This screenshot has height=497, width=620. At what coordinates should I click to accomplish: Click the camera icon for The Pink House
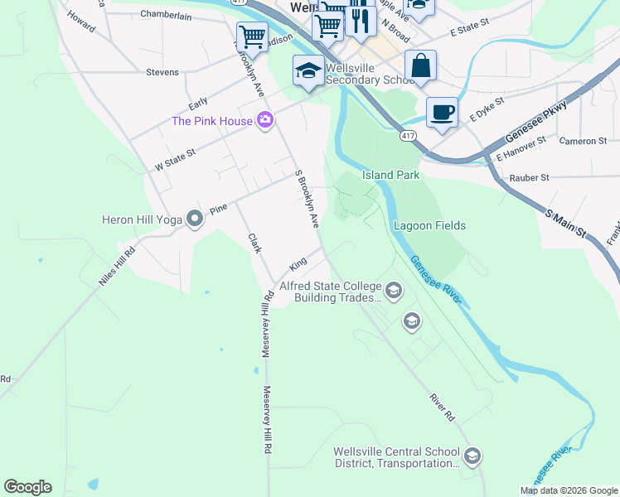265,121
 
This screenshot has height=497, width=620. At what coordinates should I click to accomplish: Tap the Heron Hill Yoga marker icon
195,219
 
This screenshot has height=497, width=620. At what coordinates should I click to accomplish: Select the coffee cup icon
442,112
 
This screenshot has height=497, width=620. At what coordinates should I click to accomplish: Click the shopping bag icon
420,66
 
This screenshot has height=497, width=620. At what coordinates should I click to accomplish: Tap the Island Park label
390,175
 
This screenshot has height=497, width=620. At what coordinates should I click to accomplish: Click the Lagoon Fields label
429,225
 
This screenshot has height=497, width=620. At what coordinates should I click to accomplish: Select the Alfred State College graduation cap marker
393,290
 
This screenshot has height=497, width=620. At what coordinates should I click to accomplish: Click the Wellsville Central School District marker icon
472,456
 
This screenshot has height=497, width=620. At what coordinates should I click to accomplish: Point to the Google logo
27,487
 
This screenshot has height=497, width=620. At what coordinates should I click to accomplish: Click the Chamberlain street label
166,15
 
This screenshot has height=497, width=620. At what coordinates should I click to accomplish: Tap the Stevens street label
162,72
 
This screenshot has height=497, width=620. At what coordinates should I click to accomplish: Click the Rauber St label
530,177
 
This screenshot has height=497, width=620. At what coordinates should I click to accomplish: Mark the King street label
298,264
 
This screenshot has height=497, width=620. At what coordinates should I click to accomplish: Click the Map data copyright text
569,490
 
